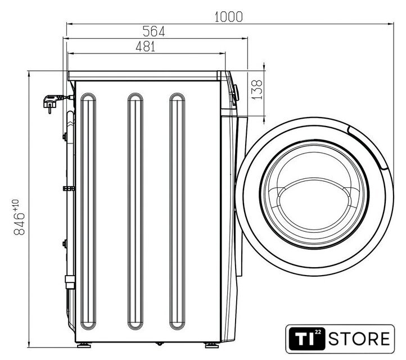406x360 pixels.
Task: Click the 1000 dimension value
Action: pos(229,17)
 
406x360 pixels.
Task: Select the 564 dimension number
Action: pos(154,31)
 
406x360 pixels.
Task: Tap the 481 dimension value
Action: pos(146,47)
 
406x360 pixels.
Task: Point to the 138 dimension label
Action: pos(257,89)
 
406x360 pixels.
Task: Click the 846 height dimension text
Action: pos(19,224)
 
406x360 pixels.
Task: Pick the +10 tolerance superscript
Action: pos(16,205)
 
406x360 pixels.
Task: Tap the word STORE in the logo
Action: pos(359,339)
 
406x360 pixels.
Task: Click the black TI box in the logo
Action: pos(307,339)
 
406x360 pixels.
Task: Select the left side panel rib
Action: pos(88,211)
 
